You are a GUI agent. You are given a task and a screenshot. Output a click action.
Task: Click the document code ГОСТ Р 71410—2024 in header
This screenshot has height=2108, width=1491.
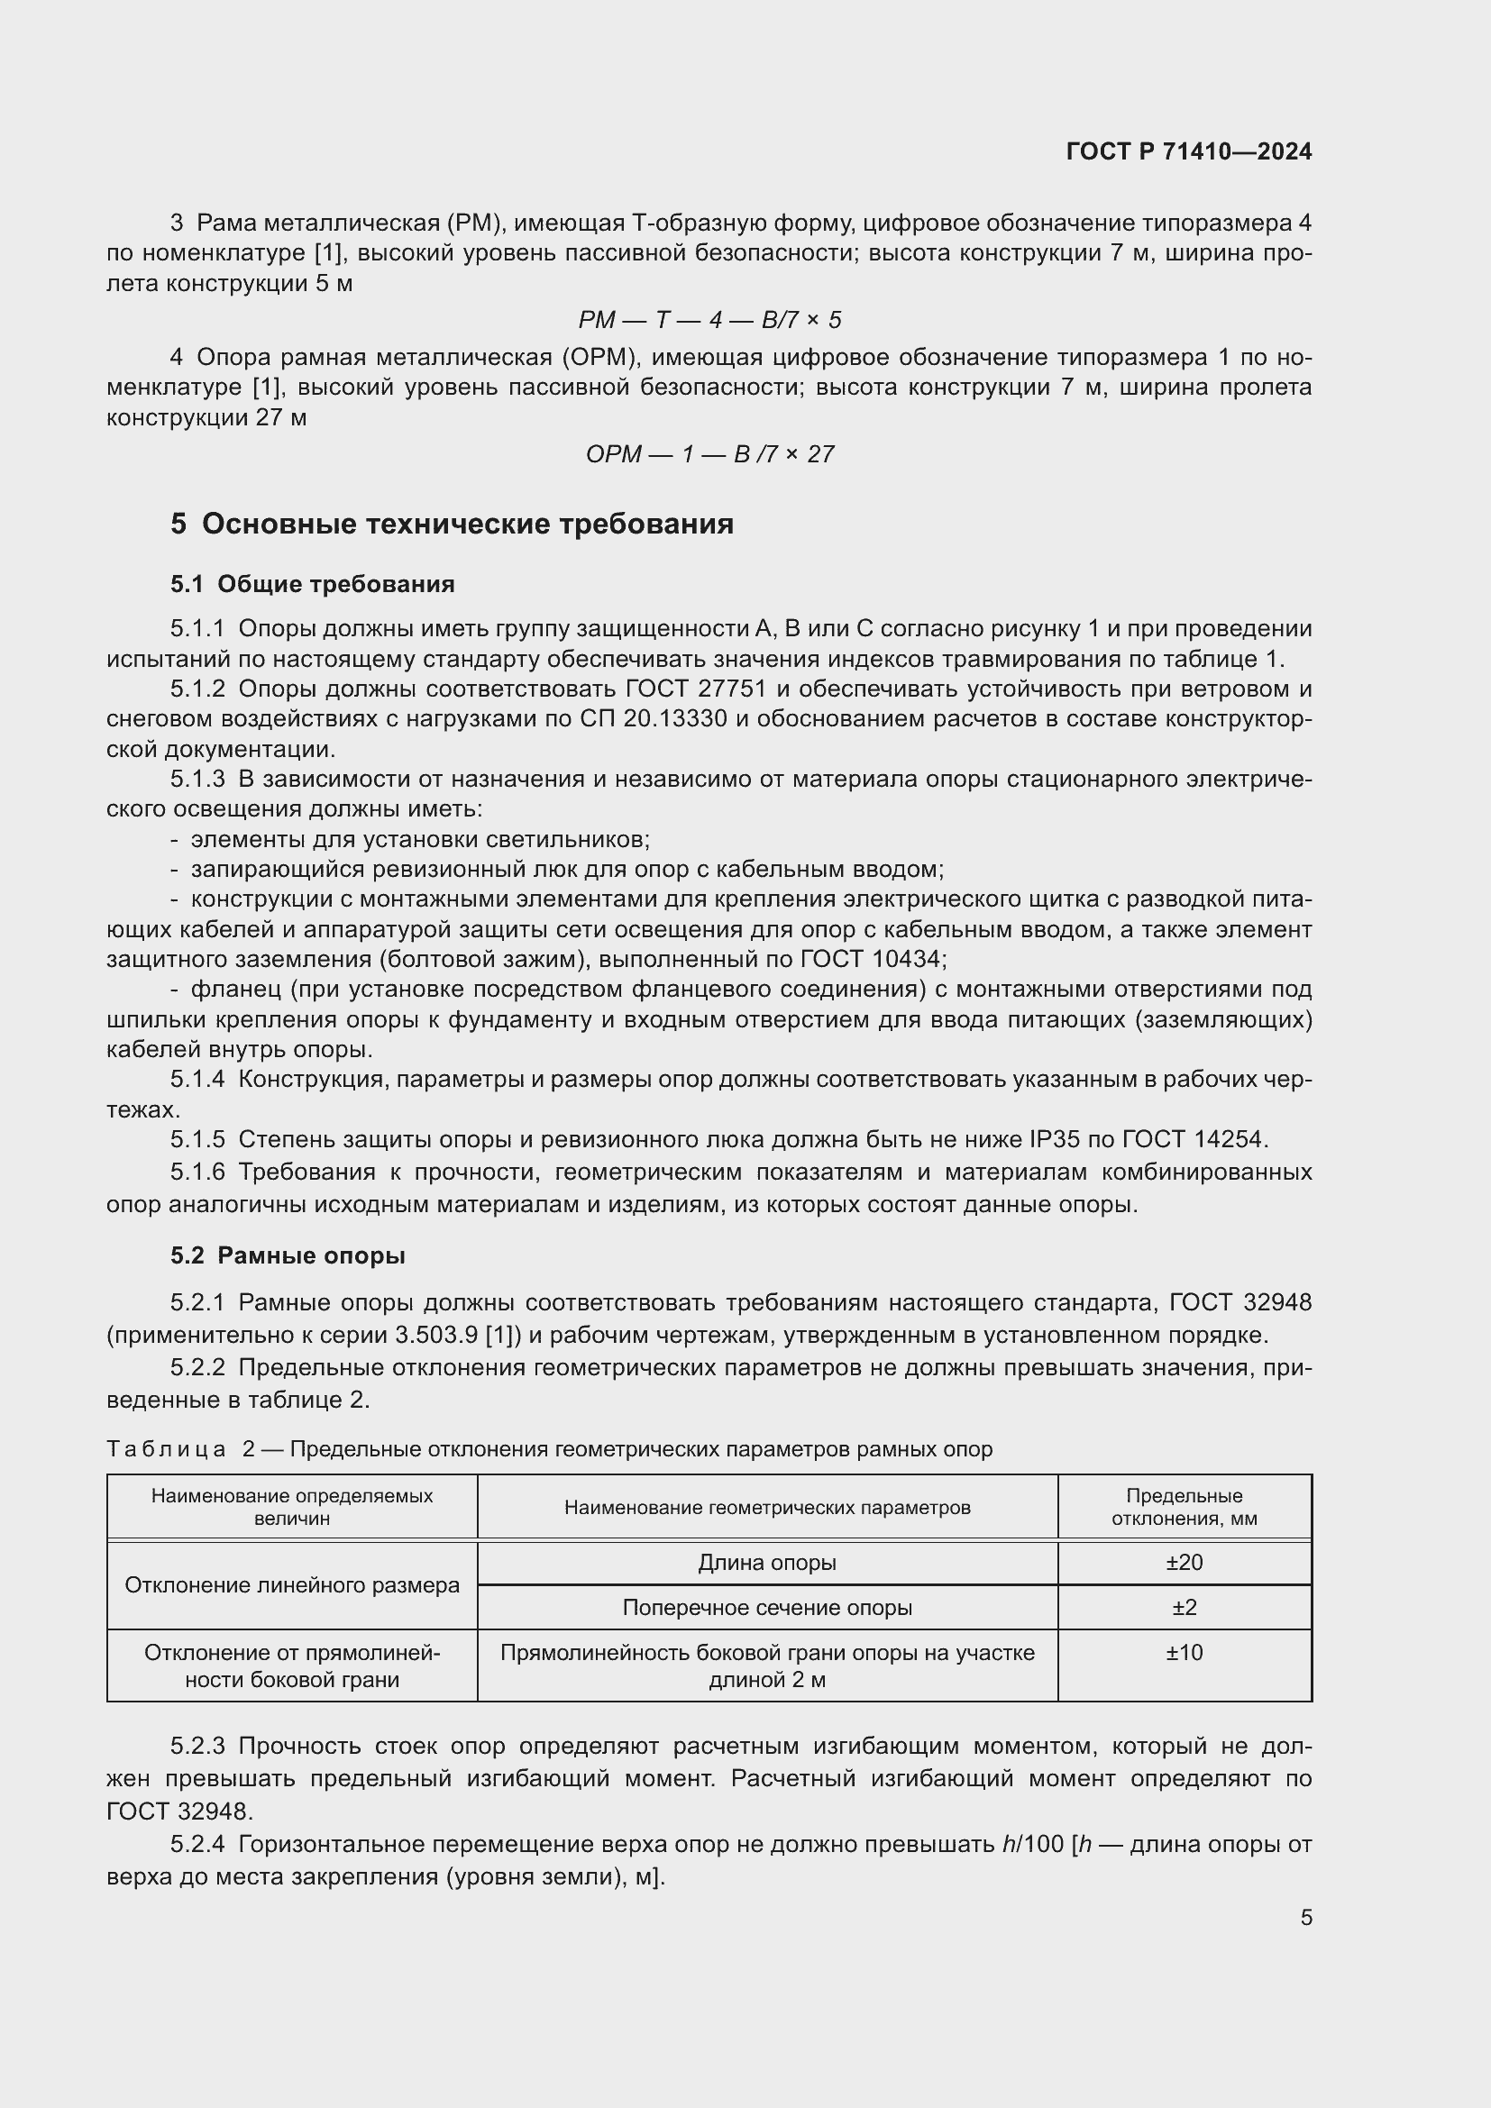pos(1189,151)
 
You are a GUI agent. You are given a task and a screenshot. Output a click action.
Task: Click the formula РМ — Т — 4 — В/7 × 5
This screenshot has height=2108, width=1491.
pos(709,320)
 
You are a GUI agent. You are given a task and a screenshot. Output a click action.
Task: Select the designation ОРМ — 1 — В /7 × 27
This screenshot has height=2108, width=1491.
pos(709,454)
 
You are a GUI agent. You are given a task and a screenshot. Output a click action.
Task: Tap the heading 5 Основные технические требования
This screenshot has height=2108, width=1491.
pos(452,525)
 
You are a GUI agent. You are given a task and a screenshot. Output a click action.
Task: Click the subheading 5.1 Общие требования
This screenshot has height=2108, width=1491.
pos(312,584)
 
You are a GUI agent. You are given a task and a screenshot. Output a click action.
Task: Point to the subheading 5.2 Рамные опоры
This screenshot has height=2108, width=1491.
pos(288,1255)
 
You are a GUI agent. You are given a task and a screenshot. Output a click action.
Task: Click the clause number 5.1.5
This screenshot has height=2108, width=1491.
pos(197,1139)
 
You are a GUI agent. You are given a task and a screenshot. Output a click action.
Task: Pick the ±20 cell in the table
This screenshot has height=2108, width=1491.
pos(1184,1562)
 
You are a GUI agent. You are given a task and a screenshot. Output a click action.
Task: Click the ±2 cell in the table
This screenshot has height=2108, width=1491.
pos(1184,1607)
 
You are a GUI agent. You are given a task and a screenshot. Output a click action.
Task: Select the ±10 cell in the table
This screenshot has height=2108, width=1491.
pos(1184,1652)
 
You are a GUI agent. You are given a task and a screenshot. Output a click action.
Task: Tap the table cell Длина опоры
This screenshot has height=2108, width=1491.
pos(766,1562)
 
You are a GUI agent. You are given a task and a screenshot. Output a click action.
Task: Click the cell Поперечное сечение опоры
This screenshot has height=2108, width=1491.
pos(766,1607)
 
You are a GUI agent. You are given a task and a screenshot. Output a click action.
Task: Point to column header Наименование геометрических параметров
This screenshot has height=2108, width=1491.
pos(766,1507)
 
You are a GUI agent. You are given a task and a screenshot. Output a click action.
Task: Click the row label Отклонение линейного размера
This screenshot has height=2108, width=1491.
pos(292,1584)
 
